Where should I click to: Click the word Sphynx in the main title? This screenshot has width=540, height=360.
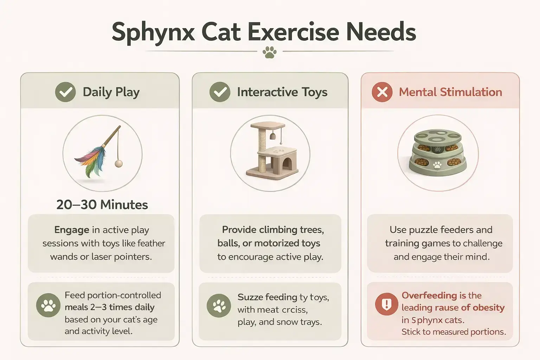153,33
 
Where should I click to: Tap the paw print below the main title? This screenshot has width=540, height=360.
270,52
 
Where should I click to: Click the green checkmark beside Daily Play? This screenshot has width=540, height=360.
65,92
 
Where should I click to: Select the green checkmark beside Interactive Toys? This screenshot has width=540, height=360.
220,92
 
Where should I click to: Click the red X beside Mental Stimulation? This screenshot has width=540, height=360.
382,92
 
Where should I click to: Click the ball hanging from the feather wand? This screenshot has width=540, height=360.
118,163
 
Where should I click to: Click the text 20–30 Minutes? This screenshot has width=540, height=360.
102,205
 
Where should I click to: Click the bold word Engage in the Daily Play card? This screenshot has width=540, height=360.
72,230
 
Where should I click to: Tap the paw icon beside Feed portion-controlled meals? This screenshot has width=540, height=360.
48,305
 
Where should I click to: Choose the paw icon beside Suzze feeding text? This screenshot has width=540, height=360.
219,306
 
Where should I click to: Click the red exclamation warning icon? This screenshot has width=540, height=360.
386,304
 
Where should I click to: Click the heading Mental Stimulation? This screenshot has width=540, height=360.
450,92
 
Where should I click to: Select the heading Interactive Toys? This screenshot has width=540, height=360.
282,92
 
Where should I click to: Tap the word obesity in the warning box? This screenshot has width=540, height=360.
489,308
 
